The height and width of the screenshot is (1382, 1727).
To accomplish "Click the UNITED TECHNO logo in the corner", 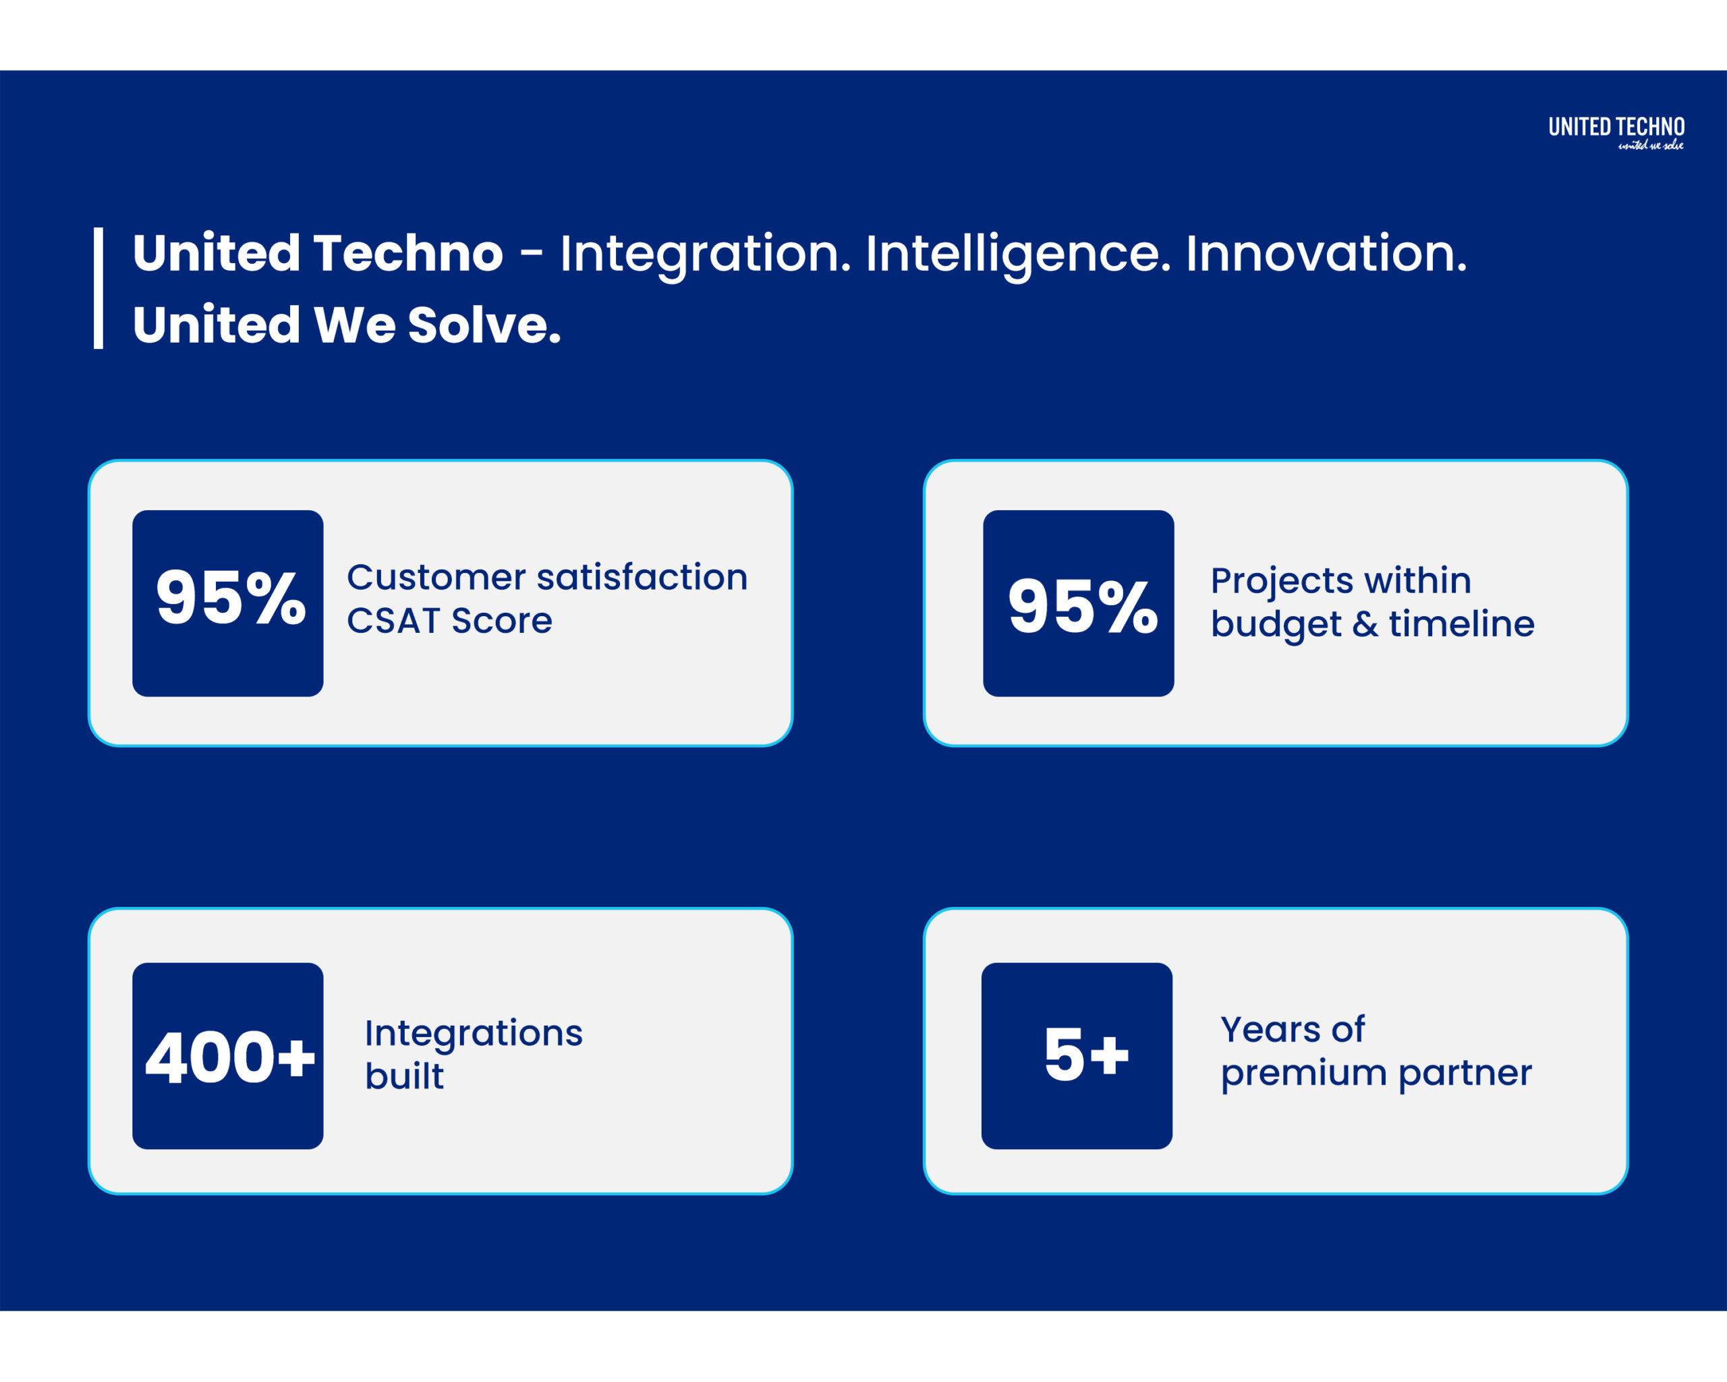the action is [1616, 132].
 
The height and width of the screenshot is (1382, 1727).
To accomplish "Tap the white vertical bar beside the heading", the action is [98, 288].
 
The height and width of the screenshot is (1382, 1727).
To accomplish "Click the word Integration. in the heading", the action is [706, 256].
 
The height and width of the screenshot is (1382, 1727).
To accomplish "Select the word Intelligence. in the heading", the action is [1018, 256].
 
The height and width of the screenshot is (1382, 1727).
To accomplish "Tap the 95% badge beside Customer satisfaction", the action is [228, 603].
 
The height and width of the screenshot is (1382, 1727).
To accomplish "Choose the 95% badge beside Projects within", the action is [1079, 603].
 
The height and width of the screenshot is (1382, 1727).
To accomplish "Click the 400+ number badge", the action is [228, 1056].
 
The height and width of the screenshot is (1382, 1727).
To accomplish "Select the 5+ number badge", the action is [1077, 1056].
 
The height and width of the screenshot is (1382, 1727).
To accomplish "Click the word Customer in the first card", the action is [436, 578].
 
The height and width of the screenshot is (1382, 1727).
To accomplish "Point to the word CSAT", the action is [393, 621].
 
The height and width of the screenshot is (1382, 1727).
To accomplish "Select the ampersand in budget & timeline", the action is [1365, 624].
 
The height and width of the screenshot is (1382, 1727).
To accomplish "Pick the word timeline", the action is [1462, 624].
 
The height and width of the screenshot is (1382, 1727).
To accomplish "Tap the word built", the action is [405, 1076].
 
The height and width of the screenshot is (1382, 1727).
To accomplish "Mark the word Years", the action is [1270, 1030].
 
